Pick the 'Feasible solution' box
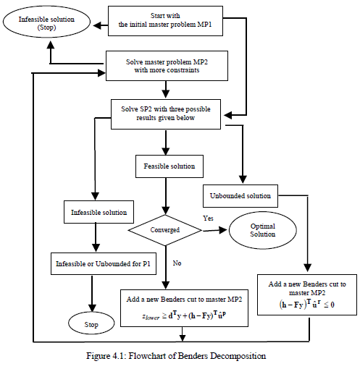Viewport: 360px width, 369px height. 168,166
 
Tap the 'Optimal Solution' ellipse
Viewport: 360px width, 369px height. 262,230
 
